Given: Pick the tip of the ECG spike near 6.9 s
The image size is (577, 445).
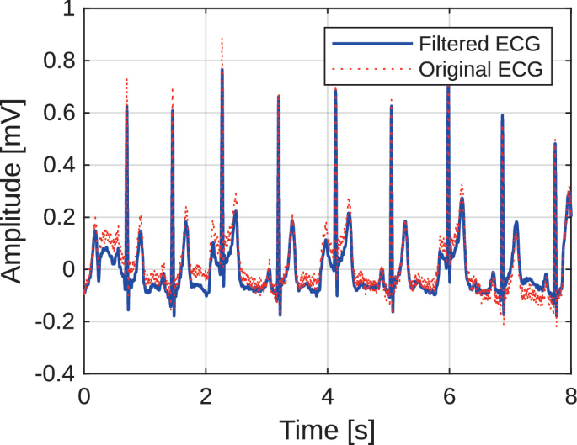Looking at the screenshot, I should tap(502, 115).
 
